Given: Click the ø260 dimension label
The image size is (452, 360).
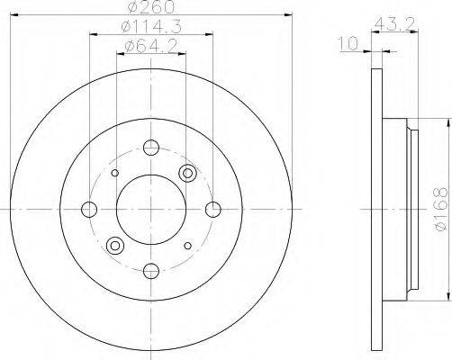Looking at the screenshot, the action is [x=151, y=7].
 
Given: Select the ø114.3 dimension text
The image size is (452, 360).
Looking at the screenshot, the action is [x=151, y=27].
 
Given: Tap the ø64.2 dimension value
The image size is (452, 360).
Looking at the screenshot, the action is [x=151, y=46].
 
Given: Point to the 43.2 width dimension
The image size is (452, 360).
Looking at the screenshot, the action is [x=395, y=23].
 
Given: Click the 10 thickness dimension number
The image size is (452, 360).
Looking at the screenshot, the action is [x=348, y=43].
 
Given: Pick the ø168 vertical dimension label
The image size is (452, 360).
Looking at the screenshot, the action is [x=441, y=210].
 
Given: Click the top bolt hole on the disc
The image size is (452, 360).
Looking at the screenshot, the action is [x=151, y=148].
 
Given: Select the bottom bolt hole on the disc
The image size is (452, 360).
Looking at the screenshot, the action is [x=151, y=271].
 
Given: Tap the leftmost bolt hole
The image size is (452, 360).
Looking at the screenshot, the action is [x=89, y=210].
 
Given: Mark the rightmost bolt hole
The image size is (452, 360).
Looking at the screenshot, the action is [x=213, y=210].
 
